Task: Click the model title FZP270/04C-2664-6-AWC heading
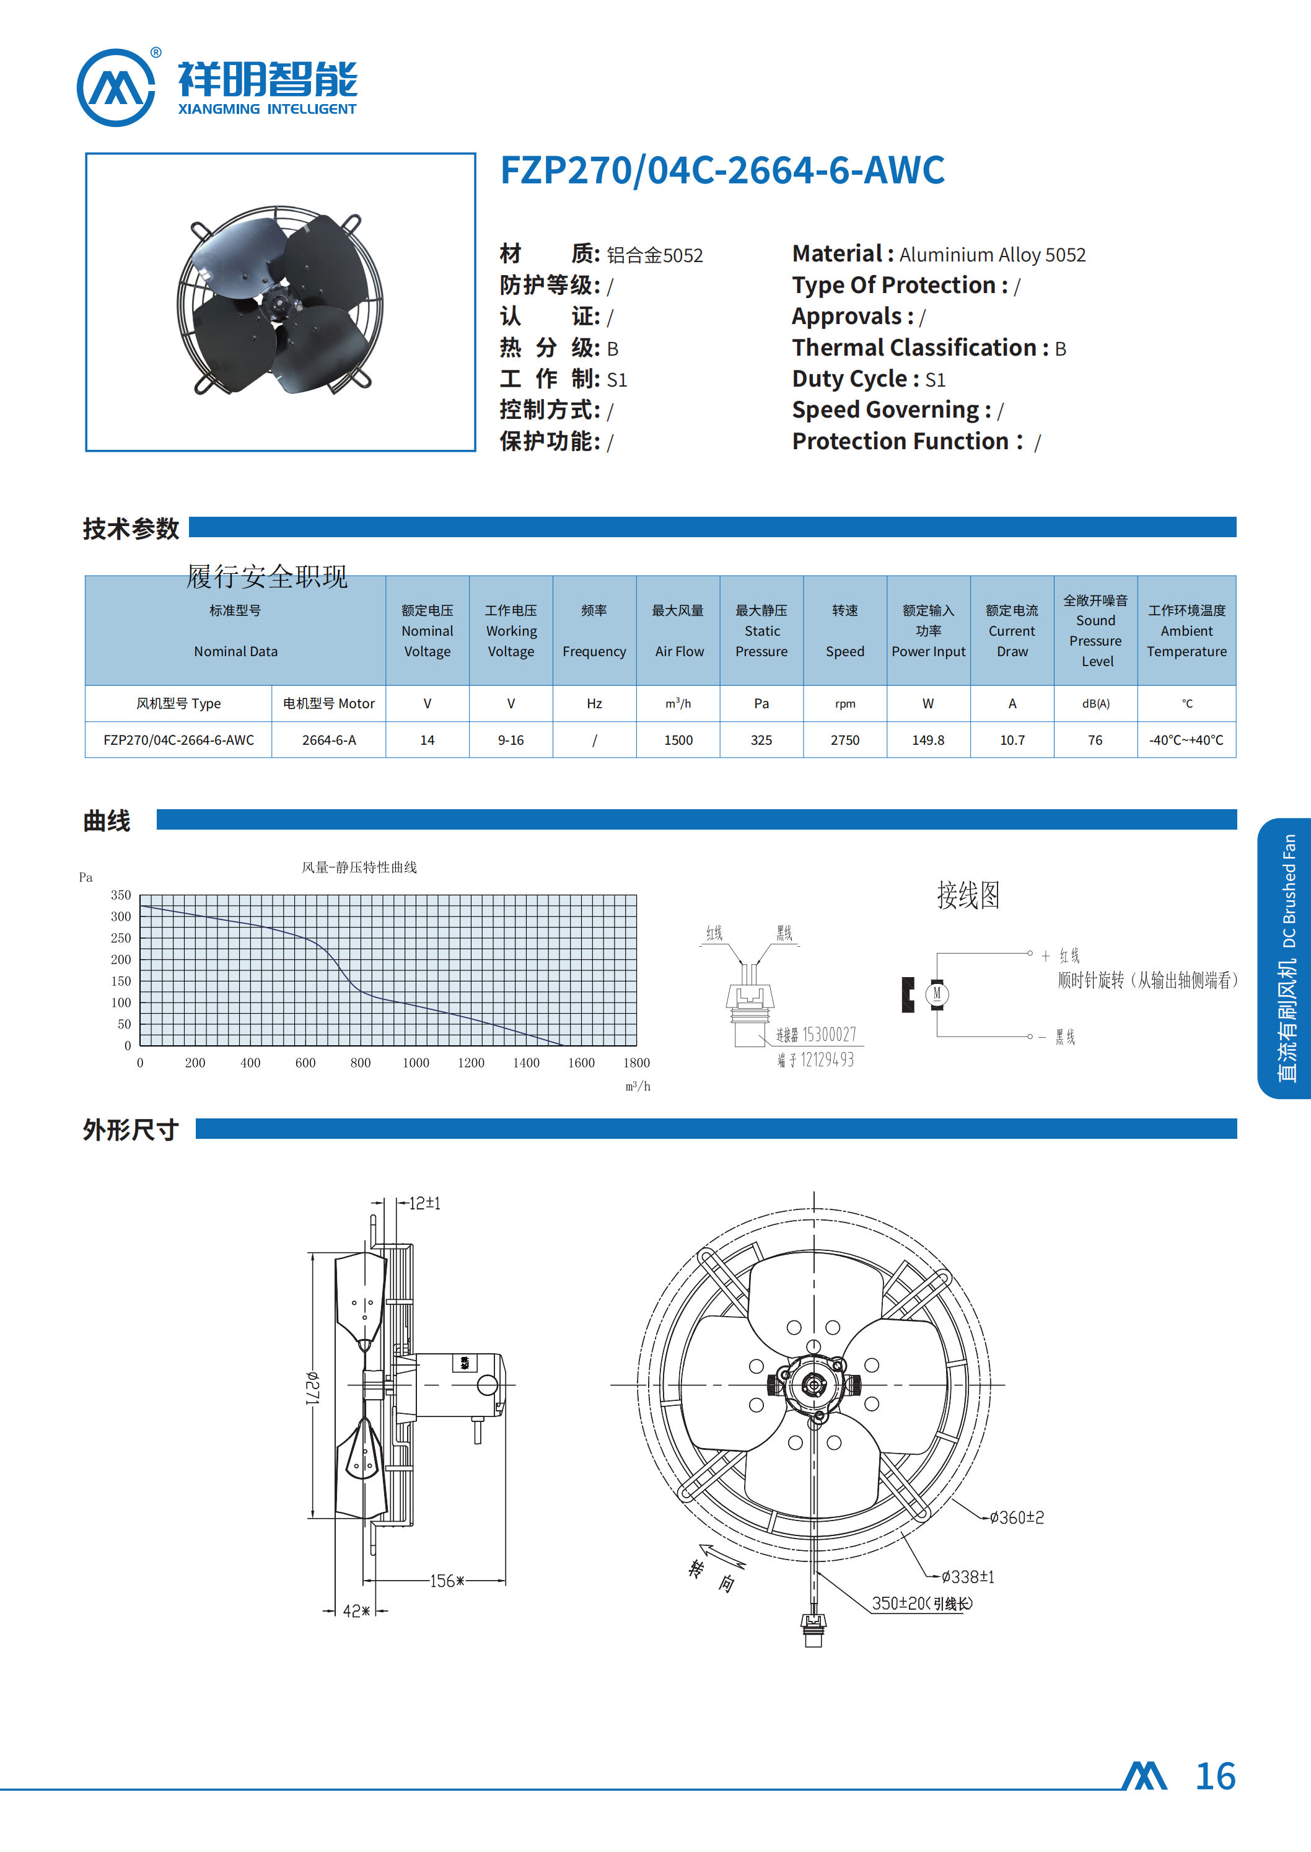(722, 170)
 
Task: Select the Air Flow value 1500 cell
(678, 740)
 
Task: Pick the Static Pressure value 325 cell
(761, 740)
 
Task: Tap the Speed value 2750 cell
(845, 740)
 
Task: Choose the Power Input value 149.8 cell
(928, 740)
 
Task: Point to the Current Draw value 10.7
(1012, 740)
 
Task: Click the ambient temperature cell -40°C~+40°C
(1186, 740)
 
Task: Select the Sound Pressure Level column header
(1095, 631)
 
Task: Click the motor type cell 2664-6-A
(328, 740)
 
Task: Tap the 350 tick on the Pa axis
(121, 895)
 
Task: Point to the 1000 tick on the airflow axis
(416, 1063)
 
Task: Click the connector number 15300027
(829, 1035)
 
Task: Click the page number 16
(1215, 1777)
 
